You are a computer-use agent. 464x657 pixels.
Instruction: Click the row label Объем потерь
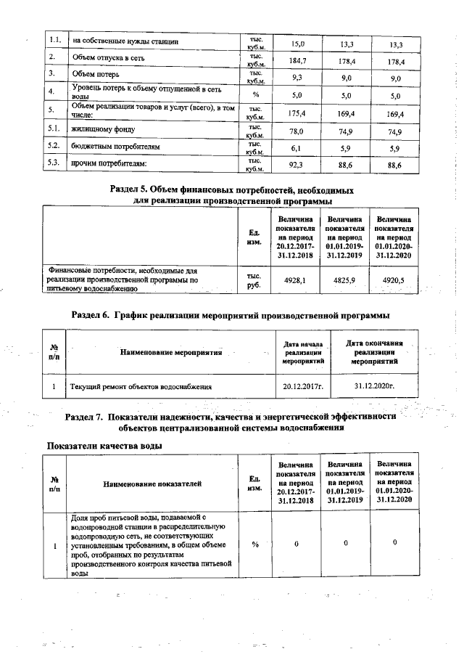101,75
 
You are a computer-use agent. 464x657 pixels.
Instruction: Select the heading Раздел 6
231,315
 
